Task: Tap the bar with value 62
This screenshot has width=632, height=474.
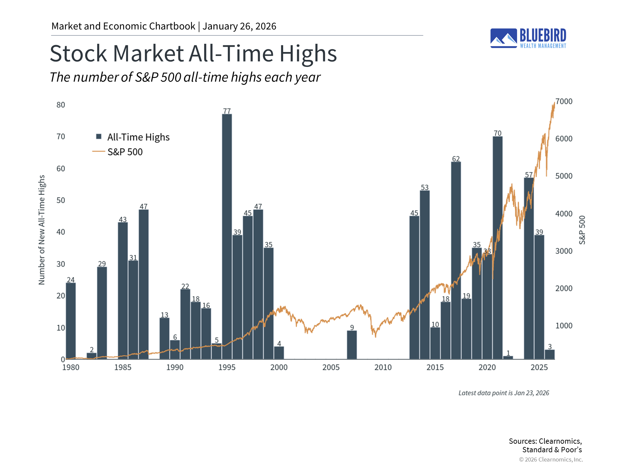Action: tap(456, 260)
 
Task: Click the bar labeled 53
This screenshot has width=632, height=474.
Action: tap(425, 275)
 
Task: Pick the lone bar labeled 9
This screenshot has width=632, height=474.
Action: tap(352, 345)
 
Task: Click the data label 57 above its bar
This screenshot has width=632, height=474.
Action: tap(529, 175)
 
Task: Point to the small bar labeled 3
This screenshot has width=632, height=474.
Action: tap(549, 354)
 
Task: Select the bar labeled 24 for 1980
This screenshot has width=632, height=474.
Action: tap(71, 321)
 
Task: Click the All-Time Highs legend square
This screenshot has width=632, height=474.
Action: tap(98, 137)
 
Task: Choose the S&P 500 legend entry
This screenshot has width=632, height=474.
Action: tap(125, 152)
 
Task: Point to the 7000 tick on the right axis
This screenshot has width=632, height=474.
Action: tap(564, 101)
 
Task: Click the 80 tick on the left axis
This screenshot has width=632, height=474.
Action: tap(61, 105)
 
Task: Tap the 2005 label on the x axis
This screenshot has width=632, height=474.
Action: tap(331, 367)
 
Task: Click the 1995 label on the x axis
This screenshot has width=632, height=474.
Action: tap(227, 367)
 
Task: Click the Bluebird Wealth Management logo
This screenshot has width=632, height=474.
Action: tap(528, 38)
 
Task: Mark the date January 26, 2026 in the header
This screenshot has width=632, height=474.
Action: tap(239, 26)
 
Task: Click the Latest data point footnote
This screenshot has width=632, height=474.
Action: tap(504, 393)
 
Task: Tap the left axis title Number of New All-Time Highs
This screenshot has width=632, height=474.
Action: tap(41, 230)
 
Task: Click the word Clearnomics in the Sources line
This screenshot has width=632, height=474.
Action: tap(559, 441)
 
